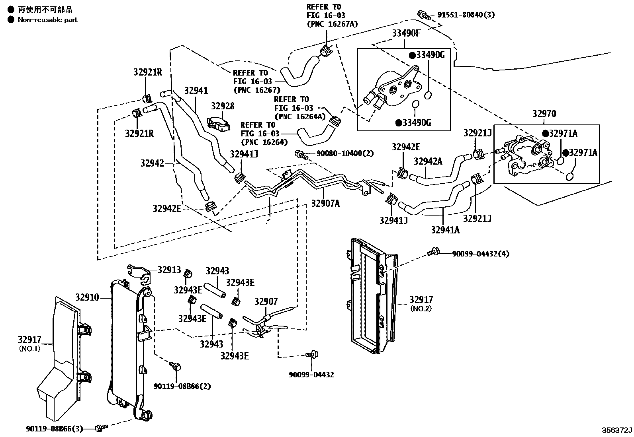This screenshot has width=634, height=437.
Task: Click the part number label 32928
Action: (223, 106)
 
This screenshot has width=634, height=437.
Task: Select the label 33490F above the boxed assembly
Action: (406, 33)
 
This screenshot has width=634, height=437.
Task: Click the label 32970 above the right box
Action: (544, 114)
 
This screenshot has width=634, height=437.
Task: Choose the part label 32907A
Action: (325, 204)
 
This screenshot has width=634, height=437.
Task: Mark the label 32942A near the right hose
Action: (428, 161)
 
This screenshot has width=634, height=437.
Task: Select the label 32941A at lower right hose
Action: (445, 230)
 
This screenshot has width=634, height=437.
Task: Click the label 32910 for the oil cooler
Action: (88, 297)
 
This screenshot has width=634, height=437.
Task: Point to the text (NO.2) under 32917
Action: (421, 309)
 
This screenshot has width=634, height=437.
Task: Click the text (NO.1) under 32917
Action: (29, 349)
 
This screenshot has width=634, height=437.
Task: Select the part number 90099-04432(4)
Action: (480, 254)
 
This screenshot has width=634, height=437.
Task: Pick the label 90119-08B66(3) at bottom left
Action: (55, 429)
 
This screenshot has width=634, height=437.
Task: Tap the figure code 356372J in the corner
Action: (617, 430)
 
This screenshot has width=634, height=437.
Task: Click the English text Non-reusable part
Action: (47, 19)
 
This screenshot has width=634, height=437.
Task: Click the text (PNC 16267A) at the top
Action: (332, 24)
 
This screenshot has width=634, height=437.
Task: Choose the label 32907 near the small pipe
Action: (266, 302)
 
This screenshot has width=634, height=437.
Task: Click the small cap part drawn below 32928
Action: (219, 123)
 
